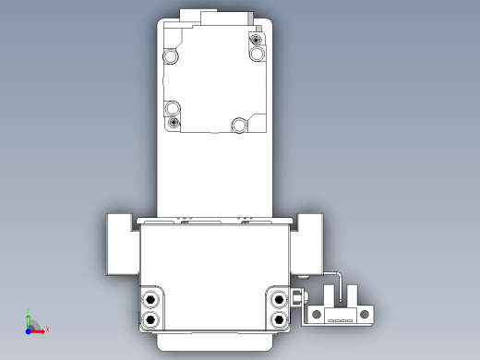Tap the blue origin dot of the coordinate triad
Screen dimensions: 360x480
pos(30,329)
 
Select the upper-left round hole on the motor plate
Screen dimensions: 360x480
pos(172,57)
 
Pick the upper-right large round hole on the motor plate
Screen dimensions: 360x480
pos(258,54)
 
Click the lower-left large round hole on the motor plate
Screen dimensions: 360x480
pos(172,106)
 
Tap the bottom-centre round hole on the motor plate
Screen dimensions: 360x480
pos(239,124)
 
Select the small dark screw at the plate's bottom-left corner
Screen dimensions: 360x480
pos(173,122)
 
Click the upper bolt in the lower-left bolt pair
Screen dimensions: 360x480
pos(150,299)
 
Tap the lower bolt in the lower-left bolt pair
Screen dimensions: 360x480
pos(150,318)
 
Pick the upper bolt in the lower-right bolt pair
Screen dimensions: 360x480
pos(278,299)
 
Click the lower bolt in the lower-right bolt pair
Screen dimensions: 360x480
pos(278,318)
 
